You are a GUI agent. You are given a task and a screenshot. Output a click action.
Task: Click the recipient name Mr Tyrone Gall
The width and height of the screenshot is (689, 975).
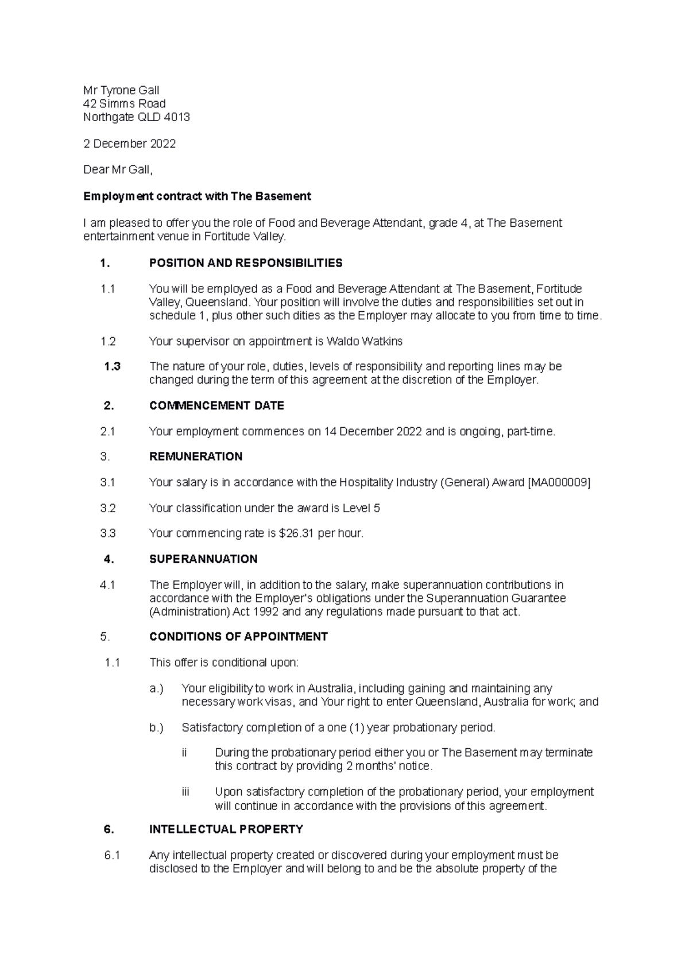click(x=121, y=90)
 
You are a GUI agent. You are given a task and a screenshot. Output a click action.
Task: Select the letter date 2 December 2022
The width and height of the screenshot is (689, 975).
click(x=130, y=144)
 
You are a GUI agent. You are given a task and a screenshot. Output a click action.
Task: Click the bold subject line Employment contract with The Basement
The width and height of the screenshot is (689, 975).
click(x=197, y=196)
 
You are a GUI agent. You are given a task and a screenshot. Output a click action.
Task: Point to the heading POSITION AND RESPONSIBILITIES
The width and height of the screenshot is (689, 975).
click(x=246, y=263)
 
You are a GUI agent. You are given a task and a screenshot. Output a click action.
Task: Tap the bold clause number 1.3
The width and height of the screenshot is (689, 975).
click(x=112, y=366)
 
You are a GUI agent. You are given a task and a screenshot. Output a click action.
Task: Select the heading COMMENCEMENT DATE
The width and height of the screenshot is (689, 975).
click(x=216, y=405)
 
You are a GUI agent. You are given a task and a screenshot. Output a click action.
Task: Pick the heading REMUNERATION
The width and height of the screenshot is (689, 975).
click(x=196, y=456)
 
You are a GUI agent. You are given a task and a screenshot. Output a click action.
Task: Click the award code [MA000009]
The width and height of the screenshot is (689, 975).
click(x=558, y=482)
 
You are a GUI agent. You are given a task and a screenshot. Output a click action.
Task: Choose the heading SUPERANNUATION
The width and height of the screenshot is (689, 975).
click(x=203, y=559)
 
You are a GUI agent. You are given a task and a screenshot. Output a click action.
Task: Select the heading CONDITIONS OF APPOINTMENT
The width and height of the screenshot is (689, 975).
click(x=238, y=637)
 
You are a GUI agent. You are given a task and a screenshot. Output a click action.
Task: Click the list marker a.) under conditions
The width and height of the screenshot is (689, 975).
click(x=156, y=688)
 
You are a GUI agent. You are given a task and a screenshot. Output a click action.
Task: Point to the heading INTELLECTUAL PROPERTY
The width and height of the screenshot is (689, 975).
click(x=226, y=829)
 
